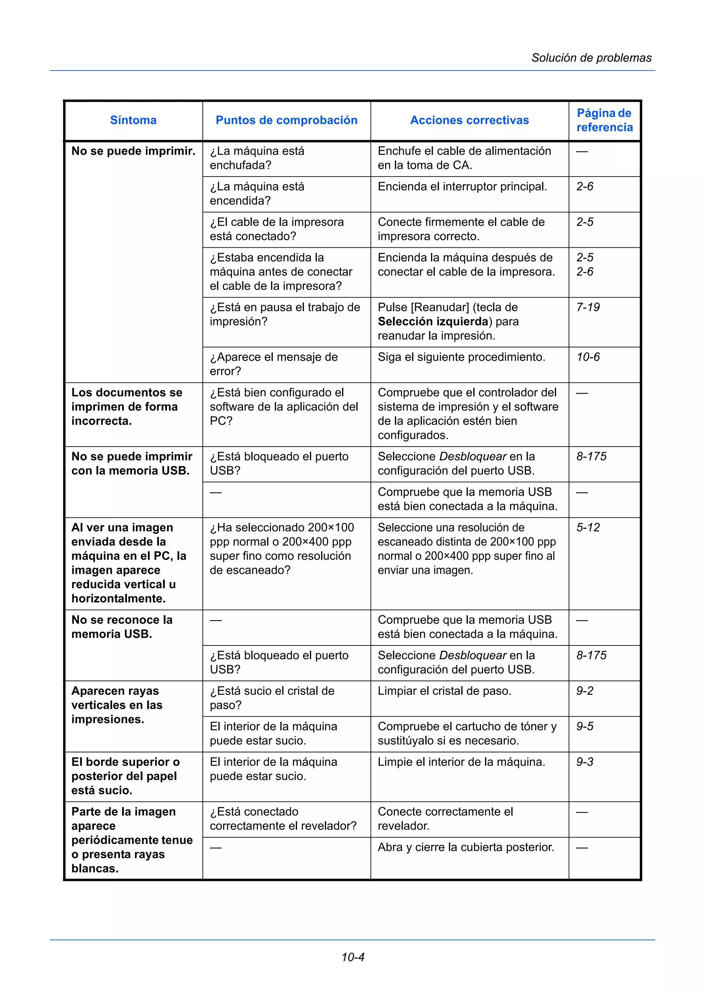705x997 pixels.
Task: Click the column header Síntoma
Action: click(x=133, y=120)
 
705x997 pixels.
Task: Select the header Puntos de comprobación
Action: click(x=286, y=120)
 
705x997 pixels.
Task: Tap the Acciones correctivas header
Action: click(x=469, y=120)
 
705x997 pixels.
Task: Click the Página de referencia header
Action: click(x=604, y=120)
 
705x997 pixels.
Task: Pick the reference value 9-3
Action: click(x=585, y=762)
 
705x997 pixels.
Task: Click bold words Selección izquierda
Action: click(x=433, y=322)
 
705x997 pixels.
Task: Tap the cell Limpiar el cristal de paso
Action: click(x=444, y=691)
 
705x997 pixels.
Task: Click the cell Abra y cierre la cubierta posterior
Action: click(x=466, y=847)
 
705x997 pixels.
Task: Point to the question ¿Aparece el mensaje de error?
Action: click(x=273, y=364)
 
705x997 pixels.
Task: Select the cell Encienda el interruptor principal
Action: click(x=462, y=187)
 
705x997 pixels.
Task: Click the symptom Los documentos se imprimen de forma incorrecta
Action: click(x=126, y=407)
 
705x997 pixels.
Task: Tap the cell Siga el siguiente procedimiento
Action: click(x=461, y=357)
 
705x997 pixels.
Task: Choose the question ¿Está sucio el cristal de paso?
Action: click(x=272, y=698)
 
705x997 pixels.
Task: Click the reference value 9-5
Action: click(x=585, y=727)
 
